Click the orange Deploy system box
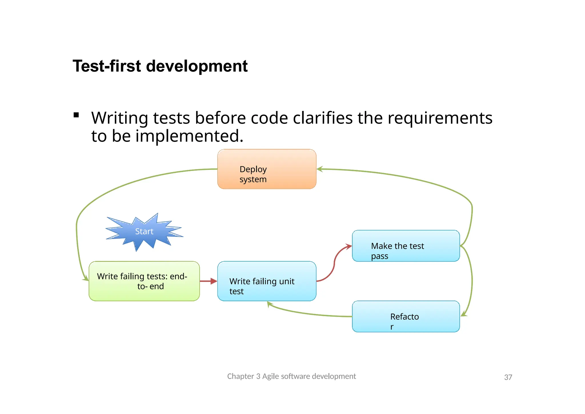pyautogui.click(x=267, y=169)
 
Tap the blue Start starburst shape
pyautogui.click(x=144, y=231)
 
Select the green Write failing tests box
pyautogui.click(x=144, y=281)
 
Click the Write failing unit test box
pyautogui.click(x=267, y=281)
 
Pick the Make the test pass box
pyautogui.click(x=406, y=246)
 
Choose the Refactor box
pyautogui.click(x=406, y=317)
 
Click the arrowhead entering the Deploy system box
pyautogui.click(x=320, y=169)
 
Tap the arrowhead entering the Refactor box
pyautogui.click(x=464, y=315)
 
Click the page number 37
pyautogui.click(x=508, y=377)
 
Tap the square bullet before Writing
pyautogui.click(x=76, y=115)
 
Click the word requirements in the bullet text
pyautogui.click(x=440, y=118)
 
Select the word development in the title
pyautogui.click(x=197, y=66)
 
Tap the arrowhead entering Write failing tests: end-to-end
pyautogui.click(x=85, y=278)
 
